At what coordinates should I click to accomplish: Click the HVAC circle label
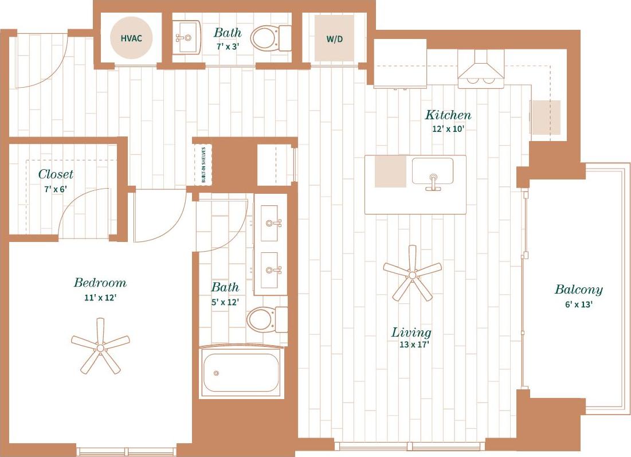pos(131,38)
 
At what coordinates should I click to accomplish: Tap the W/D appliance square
pos(334,39)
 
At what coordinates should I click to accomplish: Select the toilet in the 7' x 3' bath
pos(269,38)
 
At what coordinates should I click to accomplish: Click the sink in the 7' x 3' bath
pos(187,38)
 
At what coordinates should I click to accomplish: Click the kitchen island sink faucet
pos(433,182)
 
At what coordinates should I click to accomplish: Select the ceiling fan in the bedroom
pos(100,346)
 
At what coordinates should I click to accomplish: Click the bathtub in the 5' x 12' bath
pos(241,373)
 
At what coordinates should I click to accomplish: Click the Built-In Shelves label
pos(203,165)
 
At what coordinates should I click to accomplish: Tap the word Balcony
pos(578,290)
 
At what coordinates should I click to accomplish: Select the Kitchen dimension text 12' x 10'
pos(448,129)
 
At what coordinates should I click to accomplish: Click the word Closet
pos(56,174)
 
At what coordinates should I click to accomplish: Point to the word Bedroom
pos(100,283)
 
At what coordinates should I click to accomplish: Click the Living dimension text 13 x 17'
pos(414,345)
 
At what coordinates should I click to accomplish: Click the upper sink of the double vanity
pos(271,222)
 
